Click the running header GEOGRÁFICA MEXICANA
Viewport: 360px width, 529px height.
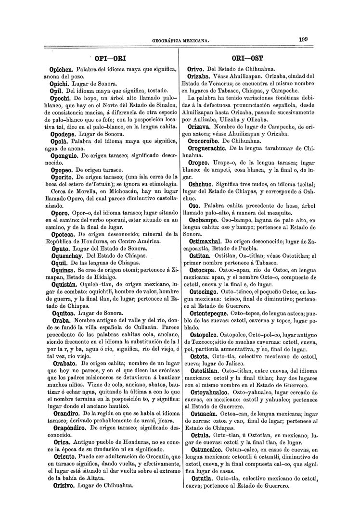pyautogui.click(x=180, y=41)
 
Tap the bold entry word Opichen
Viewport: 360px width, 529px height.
pyautogui.click(x=64, y=70)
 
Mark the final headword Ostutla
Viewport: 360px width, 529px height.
pyautogui.click(x=200, y=479)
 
